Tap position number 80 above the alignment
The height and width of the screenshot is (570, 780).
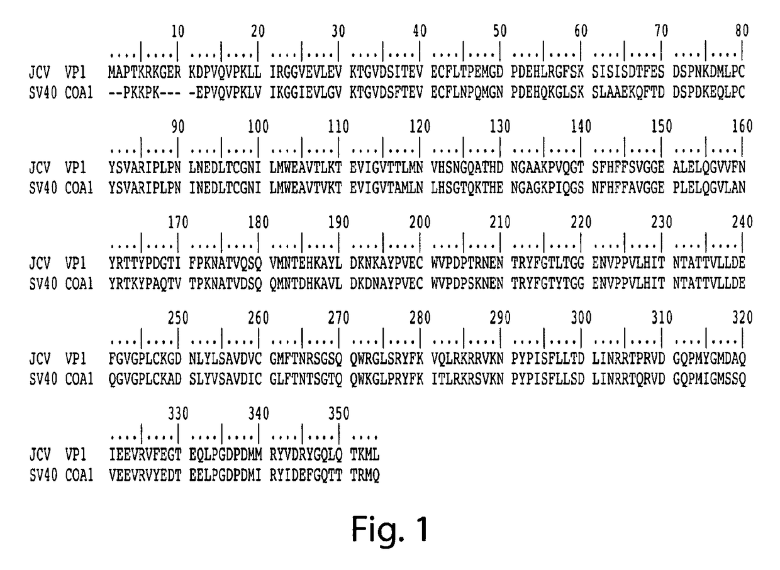[x=743, y=31]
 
